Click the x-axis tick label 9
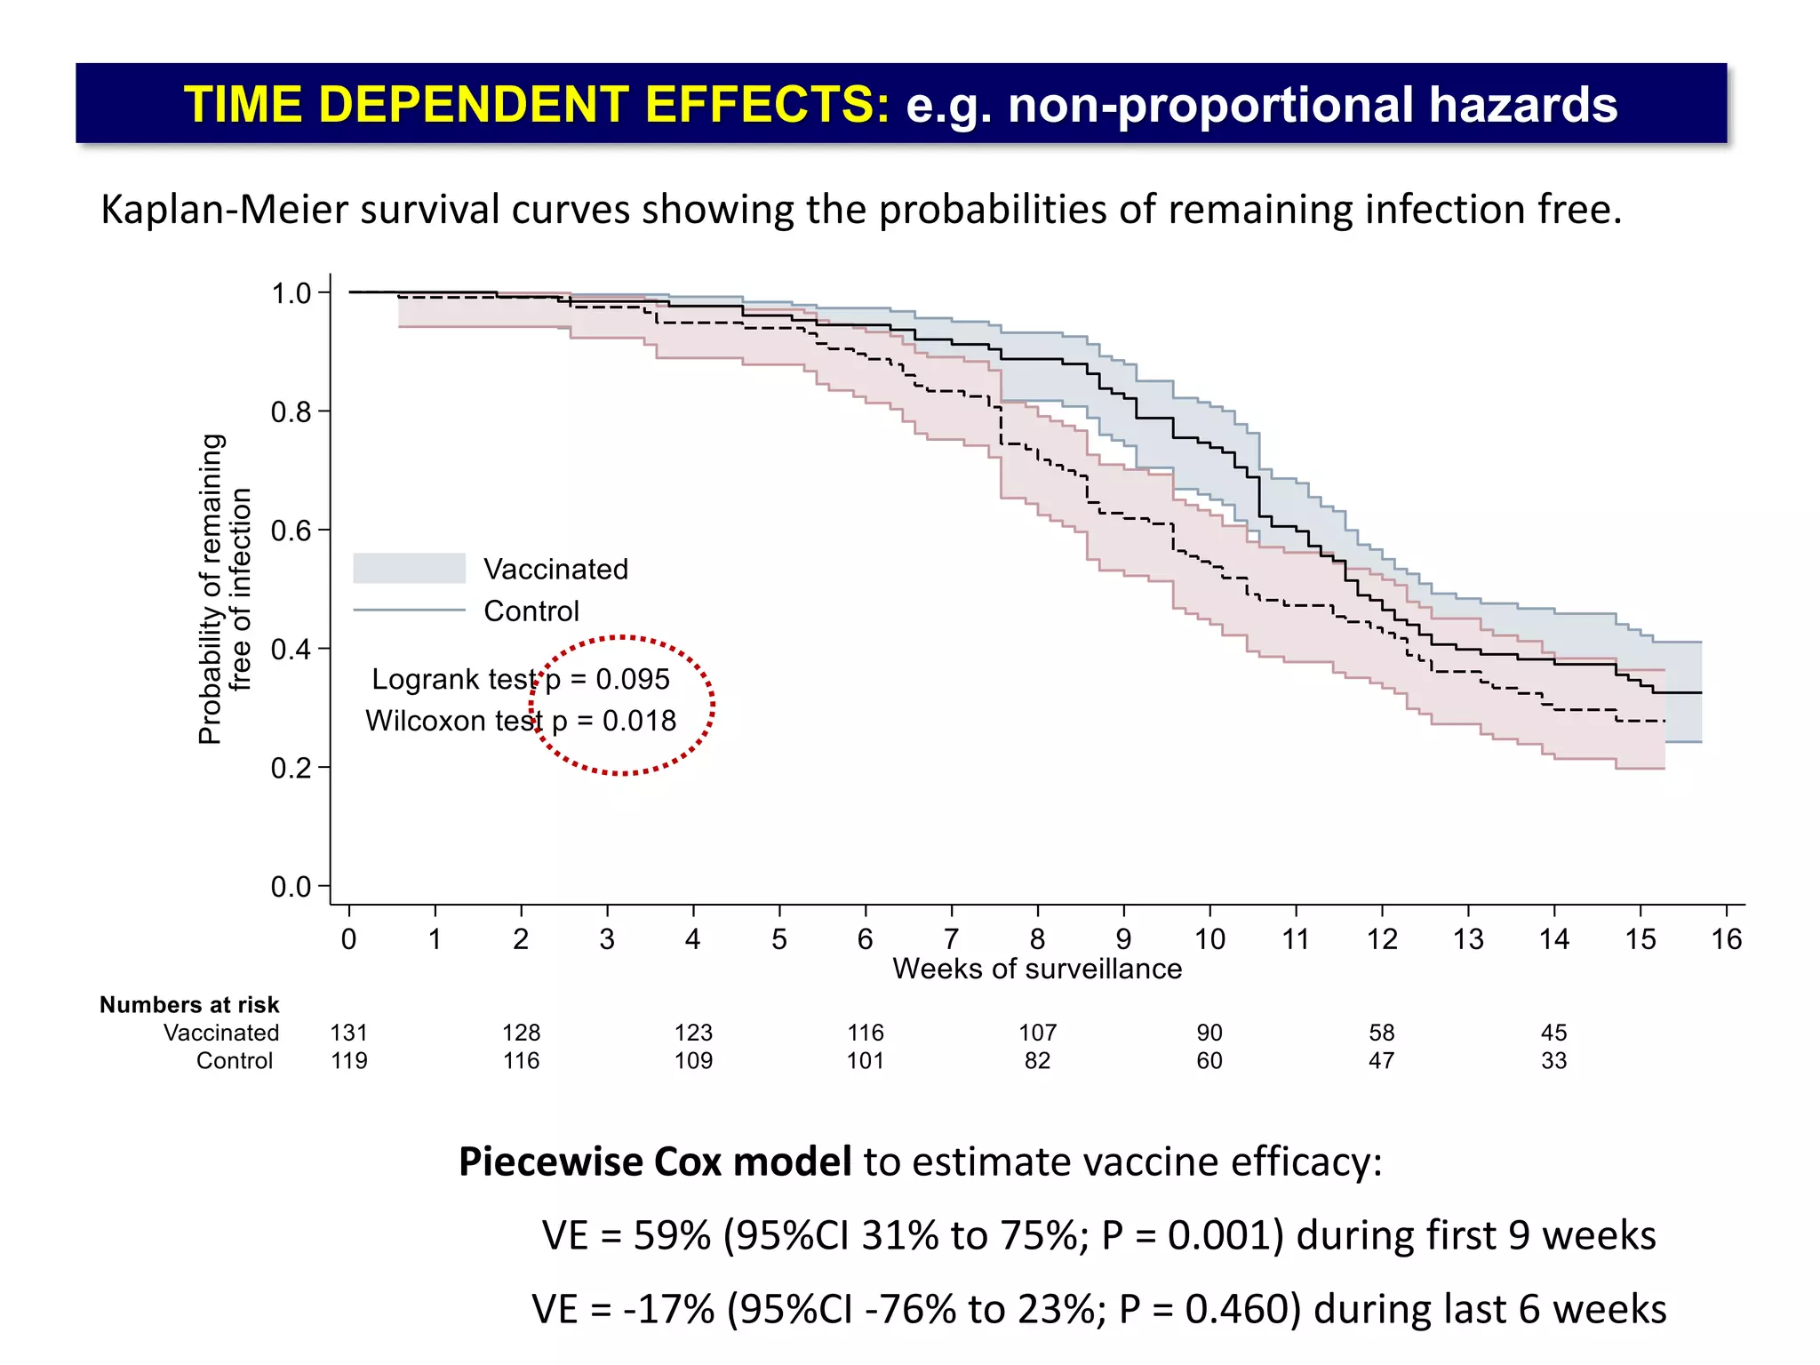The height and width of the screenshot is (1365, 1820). pos(1123,939)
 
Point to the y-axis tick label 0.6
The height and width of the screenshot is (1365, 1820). pos(291,531)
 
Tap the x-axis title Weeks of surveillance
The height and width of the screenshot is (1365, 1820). pos(1037,969)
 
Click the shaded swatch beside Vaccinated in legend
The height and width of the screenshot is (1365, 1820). pos(409,569)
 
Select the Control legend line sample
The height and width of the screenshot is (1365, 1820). pos(409,611)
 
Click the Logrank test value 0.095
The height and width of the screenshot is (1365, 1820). pos(633,680)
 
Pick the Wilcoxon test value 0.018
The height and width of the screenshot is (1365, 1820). pos(639,721)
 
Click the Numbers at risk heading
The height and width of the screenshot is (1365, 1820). pos(189,1005)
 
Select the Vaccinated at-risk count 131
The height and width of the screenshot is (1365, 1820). pos(348,1033)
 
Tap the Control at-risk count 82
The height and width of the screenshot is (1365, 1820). pos(1037,1061)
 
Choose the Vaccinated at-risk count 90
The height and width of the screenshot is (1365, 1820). pos(1209,1033)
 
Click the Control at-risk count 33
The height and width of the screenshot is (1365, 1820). pos(1553,1061)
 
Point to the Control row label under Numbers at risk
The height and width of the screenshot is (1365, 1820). pos(235,1061)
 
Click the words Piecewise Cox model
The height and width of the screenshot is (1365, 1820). pos(655,1162)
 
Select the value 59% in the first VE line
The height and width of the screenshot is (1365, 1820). pos(673,1236)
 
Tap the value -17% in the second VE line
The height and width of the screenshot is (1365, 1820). pos(669,1310)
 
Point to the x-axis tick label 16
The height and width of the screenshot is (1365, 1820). pos(1726,939)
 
